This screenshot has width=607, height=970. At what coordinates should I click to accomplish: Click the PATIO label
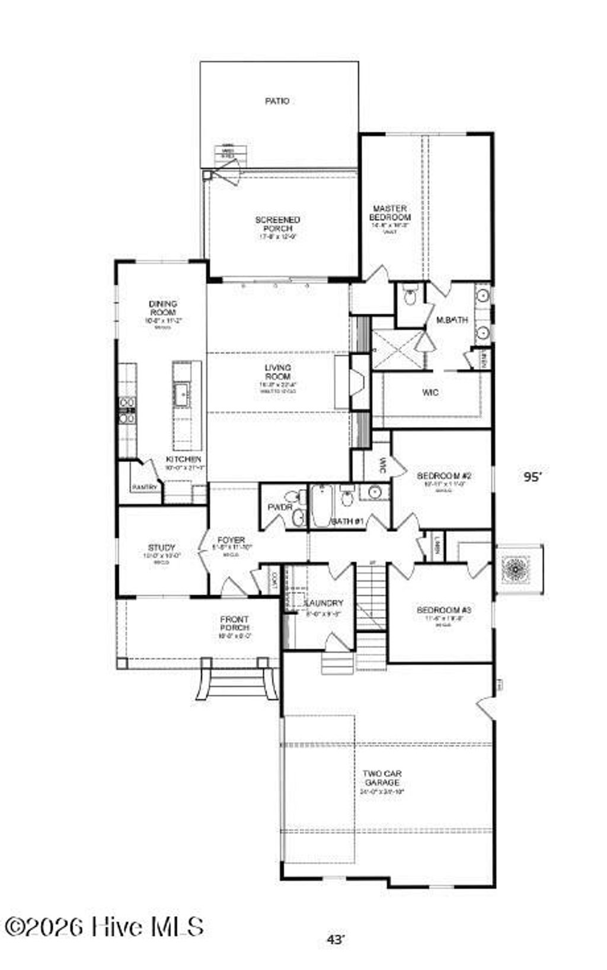277,101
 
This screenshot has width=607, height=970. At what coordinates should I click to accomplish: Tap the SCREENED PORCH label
277,224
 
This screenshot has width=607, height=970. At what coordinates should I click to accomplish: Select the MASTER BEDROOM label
389,213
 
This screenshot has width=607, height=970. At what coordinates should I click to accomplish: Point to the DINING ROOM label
162,308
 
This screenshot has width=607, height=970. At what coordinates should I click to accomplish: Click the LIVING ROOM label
277,372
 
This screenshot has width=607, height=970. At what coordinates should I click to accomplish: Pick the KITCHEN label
183,459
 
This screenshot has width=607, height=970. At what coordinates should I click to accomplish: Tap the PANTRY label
145,487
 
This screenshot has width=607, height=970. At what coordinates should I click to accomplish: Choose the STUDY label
161,548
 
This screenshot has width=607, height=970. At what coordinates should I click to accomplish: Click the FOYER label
231,540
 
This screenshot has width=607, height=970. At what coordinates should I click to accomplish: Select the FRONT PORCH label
235,624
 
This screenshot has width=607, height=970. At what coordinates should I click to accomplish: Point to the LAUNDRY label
324,603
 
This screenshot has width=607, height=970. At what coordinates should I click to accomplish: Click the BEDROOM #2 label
444,476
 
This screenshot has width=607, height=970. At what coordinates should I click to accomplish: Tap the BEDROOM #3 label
444,610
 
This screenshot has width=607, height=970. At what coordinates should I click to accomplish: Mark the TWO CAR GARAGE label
382,778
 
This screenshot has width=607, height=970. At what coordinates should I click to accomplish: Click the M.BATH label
452,320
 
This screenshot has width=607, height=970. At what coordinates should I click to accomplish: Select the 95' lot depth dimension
532,477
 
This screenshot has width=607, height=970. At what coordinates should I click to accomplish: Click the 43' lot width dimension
336,939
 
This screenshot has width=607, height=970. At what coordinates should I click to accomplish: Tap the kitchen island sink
181,391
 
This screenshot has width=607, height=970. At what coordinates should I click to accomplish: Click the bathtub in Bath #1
321,506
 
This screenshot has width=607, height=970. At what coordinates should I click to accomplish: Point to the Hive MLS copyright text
104,927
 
